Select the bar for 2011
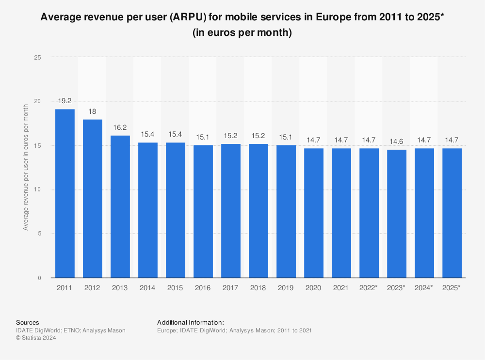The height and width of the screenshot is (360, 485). pyautogui.click(x=65, y=193)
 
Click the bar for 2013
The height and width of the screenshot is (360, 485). pyautogui.click(x=120, y=206)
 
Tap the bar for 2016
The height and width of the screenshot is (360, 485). pyautogui.click(x=203, y=211)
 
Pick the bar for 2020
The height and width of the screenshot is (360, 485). pyautogui.click(x=313, y=213)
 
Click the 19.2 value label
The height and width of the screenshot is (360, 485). pyautogui.click(x=65, y=101)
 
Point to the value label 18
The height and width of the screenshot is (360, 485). pyautogui.click(x=92, y=111)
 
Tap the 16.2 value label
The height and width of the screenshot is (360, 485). pyautogui.click(x=120, y=127)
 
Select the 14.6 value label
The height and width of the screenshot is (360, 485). pyautogui.click(x=396, y=141)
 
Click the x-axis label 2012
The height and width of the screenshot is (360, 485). pyautogui.click(x=92, y=288)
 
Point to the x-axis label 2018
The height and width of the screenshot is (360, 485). pyautogui.click(x=258, y=288)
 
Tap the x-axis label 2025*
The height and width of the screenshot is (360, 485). pyautogui.click(x=452, y=288)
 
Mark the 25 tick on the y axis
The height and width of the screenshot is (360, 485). pyautogui.click(x=38, y=57)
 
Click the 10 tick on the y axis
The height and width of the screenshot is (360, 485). pyautogui.click(x=38, y=189)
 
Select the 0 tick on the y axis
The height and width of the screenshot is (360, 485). pyautogui.click(x=39, y=278)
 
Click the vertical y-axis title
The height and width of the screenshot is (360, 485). pyautogui.click(x=25, y=168)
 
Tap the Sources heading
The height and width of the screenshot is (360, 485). pyautogui.click(x=28, y=322)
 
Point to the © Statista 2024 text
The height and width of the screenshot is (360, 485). pyautogui.click(x=36, y=338)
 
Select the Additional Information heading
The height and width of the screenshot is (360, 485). pyautogui.click(x=190, y=322)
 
